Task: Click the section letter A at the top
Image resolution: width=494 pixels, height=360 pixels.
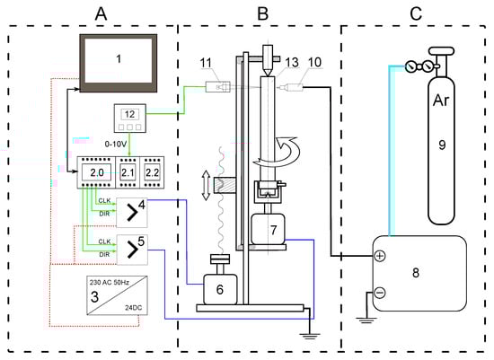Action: [101, 13]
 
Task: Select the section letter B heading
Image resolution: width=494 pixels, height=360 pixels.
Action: [263, 13]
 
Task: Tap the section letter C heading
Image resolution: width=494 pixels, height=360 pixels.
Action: [416, 13]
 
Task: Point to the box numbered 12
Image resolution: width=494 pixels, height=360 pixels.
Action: [130, 119]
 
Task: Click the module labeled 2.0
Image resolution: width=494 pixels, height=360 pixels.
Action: [97, 172]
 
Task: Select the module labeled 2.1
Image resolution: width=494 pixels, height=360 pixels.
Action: [128, 172]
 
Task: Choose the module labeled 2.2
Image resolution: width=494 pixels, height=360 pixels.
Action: [152, 172]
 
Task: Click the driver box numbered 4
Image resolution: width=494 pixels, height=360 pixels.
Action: [132, 213]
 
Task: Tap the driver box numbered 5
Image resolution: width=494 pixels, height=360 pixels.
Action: [132, 250]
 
